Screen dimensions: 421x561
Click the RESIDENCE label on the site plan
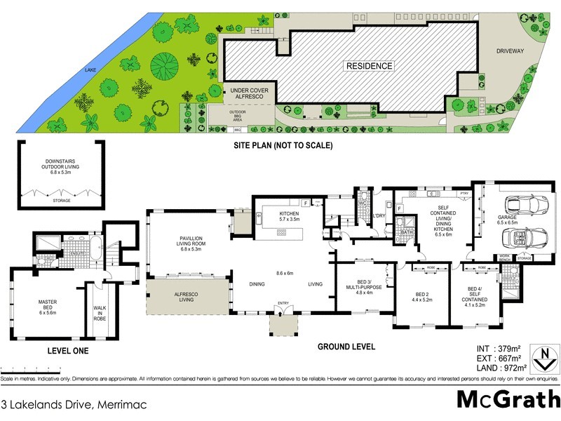[369, 66]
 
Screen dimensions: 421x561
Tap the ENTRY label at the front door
[283, 303]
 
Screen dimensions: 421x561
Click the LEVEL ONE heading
[67, 350]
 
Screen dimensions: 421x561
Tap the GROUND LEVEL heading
[346, 347]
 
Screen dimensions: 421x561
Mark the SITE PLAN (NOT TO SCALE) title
[283, 146]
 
